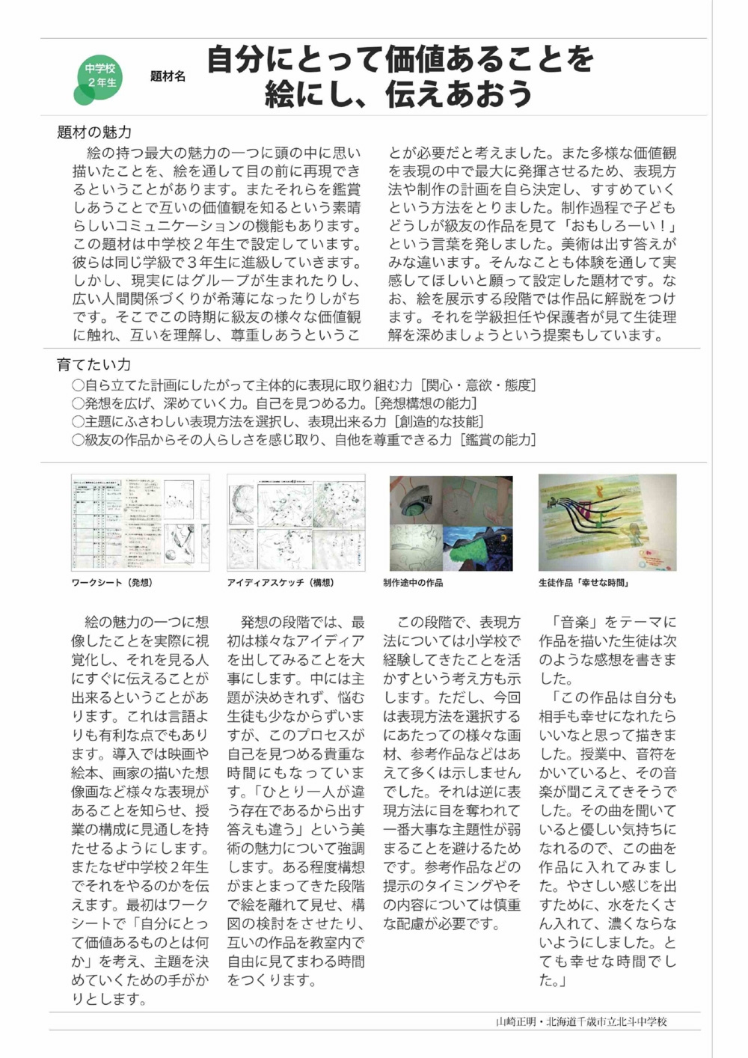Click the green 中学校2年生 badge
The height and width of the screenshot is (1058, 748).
click(100, 76)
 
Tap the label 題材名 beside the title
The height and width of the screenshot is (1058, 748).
click(168, 76)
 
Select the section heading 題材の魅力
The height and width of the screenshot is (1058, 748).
click(94, 132)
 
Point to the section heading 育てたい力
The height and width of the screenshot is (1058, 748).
click(93, 365)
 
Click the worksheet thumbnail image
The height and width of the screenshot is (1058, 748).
click(140, 522)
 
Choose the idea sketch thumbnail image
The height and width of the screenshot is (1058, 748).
click(296, 522)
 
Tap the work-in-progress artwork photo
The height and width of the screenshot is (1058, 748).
click(451, 522)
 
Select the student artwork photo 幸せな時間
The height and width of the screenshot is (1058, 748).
click(607, 522)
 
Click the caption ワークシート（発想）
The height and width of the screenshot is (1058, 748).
click(111, 583)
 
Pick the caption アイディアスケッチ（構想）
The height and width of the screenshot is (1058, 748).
click(280, 583)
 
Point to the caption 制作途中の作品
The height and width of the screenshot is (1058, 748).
click(413, 583)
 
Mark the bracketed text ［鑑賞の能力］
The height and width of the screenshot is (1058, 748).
click(497, 440)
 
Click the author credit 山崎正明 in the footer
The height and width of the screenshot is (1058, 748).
click(515, 1021)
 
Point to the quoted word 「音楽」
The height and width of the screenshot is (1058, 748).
click(574, 623)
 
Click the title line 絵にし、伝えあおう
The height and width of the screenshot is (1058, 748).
click(399, 94)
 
